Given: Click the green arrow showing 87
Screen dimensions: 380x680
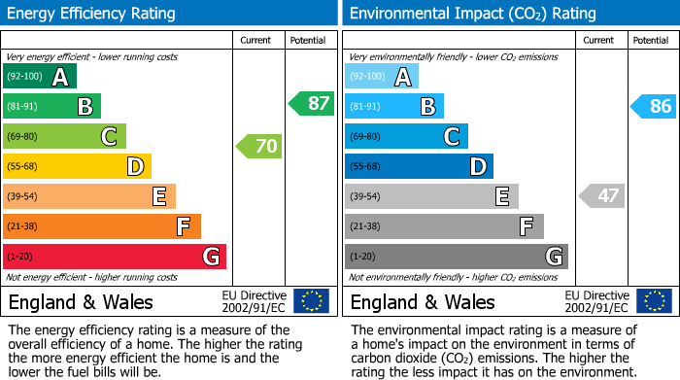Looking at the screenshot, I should (312, 104).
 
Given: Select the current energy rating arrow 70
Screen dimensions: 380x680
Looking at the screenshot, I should (259, 147).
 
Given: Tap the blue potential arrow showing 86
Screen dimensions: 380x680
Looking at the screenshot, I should (654, 106).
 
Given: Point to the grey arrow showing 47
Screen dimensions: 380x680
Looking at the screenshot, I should (601, 195).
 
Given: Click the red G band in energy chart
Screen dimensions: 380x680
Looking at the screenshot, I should (115, 257).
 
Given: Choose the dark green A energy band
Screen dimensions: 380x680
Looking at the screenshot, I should (40, 77).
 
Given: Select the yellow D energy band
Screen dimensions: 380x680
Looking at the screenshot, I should (78, 166).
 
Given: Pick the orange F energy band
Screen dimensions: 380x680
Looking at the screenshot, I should (102, 226).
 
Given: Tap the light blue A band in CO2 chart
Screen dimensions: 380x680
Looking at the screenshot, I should (382, 77).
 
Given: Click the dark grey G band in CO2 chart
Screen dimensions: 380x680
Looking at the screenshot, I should (457, 257).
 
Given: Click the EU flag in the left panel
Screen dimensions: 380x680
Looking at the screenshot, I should (311, 301).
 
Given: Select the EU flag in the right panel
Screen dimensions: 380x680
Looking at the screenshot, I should (653, 301).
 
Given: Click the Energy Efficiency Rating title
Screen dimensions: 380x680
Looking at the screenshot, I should (92, 14).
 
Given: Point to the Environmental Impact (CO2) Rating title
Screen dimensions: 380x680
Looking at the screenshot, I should (472, 14).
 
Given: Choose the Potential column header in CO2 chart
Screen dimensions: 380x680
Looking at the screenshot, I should (650, 40).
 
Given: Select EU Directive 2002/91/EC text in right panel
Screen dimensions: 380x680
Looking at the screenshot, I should (596, 301).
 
